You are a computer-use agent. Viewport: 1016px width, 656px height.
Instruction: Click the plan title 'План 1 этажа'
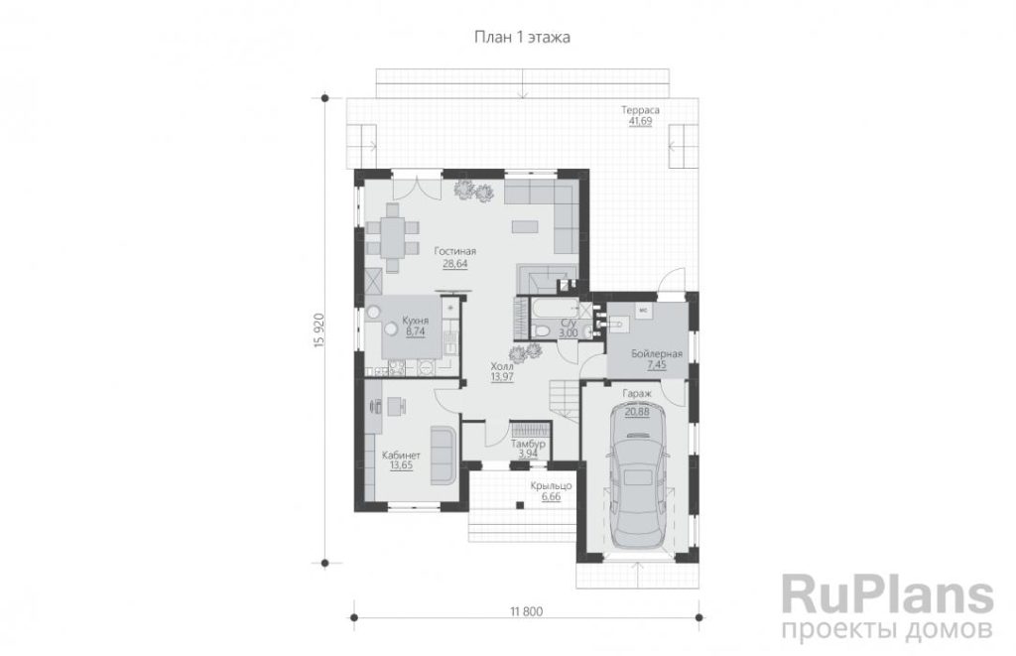pos(522,37)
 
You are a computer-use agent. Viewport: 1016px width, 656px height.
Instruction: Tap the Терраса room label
pos(640,109)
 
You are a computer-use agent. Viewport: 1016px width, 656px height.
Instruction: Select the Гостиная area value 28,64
pos(454,264)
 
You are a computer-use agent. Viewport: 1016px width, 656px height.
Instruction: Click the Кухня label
pos(415,321)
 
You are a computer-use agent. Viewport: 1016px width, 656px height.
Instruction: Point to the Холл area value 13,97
pos(502,376)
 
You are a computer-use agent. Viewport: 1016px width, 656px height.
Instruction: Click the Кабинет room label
pos(401,455)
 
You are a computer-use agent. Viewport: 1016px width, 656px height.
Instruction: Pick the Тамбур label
pos(528,444)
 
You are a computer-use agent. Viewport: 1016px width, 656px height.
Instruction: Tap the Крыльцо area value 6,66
pos(551,496)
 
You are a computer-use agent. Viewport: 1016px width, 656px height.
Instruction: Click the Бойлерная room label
pos(657,354)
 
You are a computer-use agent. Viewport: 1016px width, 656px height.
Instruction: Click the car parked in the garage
pos(638,474)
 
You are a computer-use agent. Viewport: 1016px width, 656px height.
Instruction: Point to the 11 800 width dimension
pos(526,610)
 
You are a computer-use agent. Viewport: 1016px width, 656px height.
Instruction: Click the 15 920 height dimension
pos(318,331)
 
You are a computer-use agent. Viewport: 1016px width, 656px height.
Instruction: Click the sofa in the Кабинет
pos(444,455)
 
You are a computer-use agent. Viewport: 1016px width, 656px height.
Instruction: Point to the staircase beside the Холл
pos(565,401)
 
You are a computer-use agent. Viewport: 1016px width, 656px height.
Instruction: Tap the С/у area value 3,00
pos(569,333)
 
